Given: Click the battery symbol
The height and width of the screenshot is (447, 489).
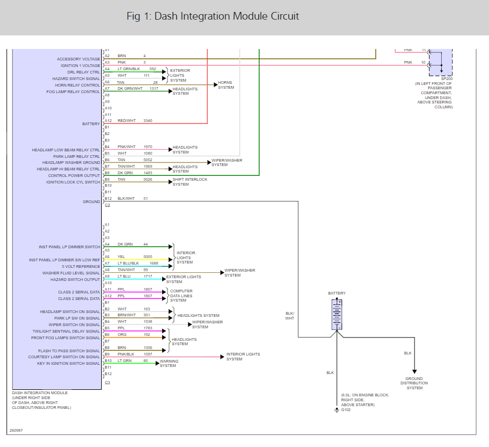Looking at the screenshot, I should tap(337, 315).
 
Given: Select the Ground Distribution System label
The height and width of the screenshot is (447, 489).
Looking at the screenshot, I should tap(414, 383).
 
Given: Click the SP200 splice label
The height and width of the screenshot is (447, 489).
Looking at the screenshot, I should tap(447, 78).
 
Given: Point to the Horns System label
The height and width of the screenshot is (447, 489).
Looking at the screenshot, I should tap(226, 85).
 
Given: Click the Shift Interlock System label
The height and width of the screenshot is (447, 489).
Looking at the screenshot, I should tap(190, 182).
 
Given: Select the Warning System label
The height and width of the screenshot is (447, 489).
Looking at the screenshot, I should tap(168, 363).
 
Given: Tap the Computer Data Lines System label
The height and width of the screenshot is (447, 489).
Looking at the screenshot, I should tap(181, 296).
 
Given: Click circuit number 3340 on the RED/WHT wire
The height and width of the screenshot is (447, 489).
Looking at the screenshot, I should tap(148, 120).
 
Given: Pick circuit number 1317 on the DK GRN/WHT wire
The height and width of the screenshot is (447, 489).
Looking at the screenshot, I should tap(154, 88).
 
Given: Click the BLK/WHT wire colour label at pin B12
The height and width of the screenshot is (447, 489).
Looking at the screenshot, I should tap(126, 199).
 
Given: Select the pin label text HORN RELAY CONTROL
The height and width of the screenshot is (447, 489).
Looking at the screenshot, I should tap(77, 85).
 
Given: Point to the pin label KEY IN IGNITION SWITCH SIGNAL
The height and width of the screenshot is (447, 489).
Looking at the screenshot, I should tap(69, 363).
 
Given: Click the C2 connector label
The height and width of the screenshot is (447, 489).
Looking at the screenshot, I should tap(107, 205).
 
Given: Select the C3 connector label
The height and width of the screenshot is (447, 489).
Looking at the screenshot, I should tap(107, 383).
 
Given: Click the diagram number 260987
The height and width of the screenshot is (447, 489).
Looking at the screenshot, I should tap(16, 431).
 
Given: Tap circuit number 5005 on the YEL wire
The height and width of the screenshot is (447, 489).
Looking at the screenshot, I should tap(148, 257).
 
